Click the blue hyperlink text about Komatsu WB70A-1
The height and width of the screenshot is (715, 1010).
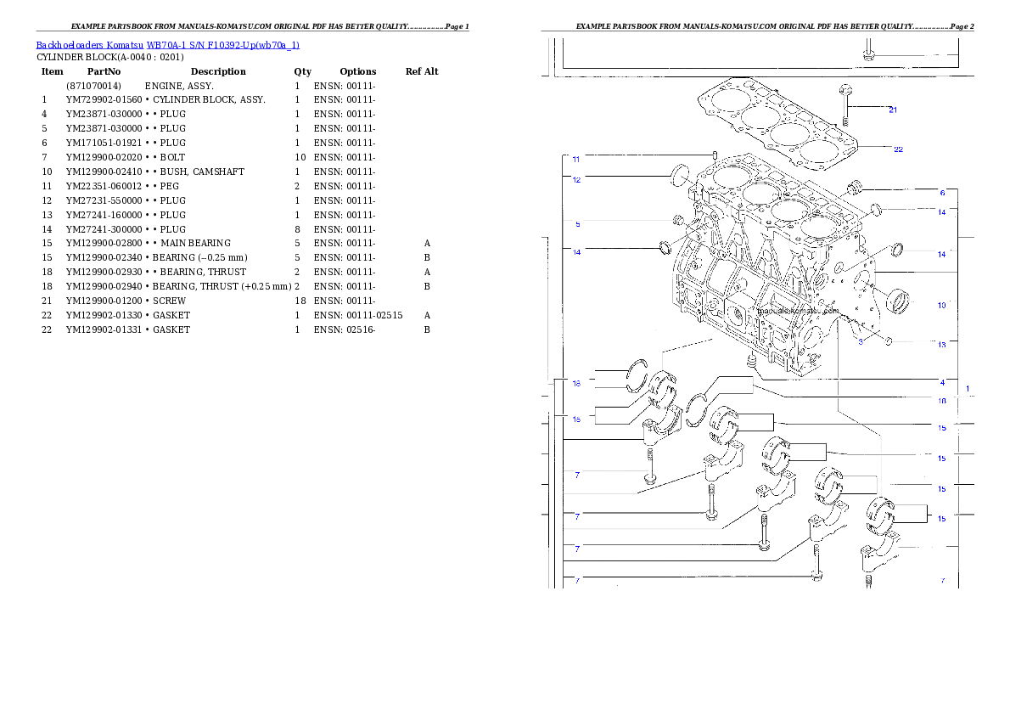167,45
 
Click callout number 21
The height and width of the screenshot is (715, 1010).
892,110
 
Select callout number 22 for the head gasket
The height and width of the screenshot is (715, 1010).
898,149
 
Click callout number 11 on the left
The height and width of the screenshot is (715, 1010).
576,159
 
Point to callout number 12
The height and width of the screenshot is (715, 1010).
576,179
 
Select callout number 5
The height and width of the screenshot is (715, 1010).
578,224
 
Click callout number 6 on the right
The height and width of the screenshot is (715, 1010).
942,193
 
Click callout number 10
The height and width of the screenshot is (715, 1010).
941,305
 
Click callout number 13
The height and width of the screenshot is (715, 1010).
941,345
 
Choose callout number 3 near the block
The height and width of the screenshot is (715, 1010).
860,341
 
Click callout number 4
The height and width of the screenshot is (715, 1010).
942,382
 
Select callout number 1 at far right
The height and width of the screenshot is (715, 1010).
968,388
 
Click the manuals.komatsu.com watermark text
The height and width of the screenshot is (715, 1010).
785,312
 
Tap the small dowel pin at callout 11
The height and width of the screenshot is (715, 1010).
715,155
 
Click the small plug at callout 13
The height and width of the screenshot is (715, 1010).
888,341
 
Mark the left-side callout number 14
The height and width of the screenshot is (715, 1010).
577,252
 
